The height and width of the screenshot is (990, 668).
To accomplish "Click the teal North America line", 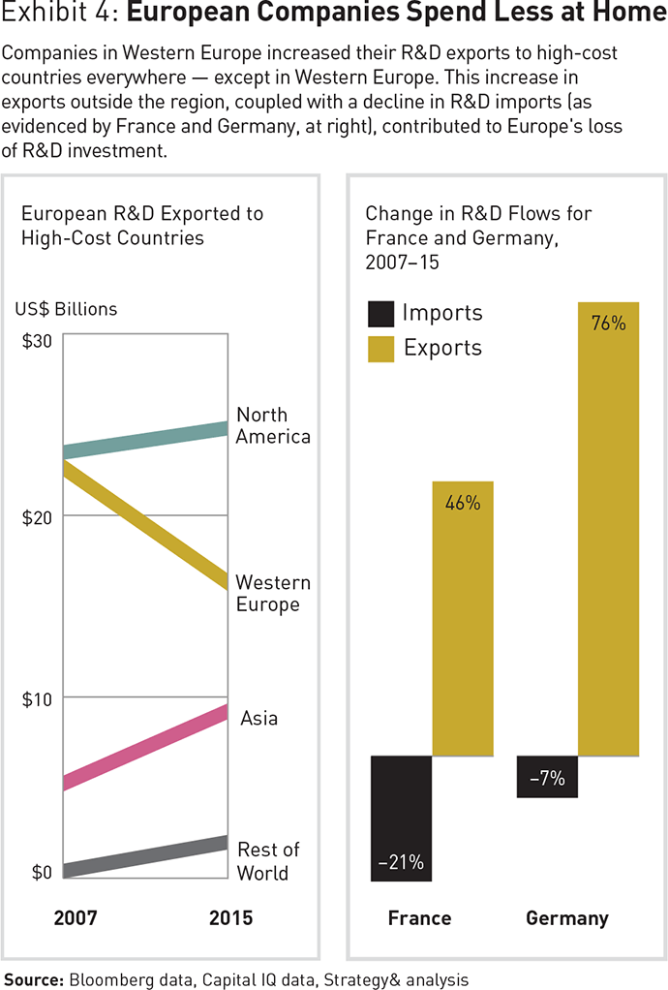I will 145,441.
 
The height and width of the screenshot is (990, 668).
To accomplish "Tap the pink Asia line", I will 145,749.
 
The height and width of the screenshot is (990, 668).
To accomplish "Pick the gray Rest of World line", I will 145,857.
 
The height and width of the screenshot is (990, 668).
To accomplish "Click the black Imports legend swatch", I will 381,314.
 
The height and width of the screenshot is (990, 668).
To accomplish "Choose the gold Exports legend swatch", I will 381,349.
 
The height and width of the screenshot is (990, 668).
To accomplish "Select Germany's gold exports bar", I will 608,528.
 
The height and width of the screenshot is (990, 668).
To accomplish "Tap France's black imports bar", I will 401,818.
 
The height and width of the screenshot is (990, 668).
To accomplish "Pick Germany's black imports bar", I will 547,776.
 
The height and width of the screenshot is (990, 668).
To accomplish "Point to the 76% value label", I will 608,324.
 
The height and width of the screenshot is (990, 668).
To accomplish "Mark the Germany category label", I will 566,918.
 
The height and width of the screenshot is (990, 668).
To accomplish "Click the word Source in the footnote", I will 34,979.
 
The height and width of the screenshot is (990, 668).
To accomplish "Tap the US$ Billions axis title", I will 66,310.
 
